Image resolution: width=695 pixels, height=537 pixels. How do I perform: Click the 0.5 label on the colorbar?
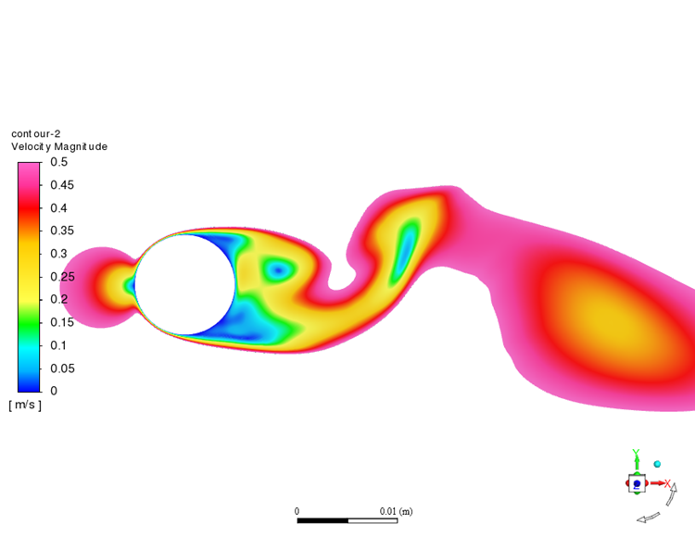click(59, 162)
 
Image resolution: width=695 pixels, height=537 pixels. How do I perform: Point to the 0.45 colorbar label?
click(62, 185)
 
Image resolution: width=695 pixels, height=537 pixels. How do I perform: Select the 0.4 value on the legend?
click(58, 208)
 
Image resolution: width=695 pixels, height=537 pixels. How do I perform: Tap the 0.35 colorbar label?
click(62, 231)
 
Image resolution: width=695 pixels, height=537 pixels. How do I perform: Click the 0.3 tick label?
click(58, 254)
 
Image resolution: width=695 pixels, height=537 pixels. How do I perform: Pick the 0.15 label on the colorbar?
click(62, 322)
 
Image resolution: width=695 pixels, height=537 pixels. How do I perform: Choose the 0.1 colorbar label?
click(58, 345)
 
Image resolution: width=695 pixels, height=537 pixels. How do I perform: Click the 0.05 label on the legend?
click(62, 368)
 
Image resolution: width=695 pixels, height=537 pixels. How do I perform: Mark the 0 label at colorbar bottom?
click(54, 391)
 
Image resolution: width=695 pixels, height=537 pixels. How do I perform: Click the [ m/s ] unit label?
click(25, 406)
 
